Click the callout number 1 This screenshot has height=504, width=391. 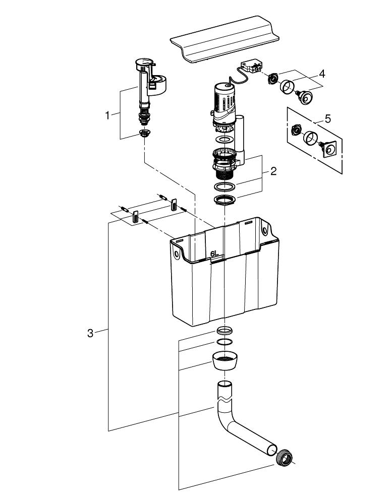point(107,115)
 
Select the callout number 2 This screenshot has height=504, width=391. point(273,171)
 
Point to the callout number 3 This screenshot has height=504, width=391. point(90,333)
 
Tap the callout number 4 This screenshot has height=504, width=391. point(321,73)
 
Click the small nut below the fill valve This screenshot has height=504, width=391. point(145,134)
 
